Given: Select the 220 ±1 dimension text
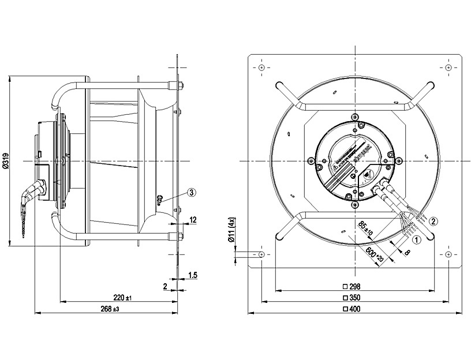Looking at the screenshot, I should point(122,297).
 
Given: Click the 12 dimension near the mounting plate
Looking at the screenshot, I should point(193,220).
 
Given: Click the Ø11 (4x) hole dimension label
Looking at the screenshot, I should point(232,231).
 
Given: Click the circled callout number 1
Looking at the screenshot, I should point(415,236).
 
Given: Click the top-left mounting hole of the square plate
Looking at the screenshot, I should point(262,68).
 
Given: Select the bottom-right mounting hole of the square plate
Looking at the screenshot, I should point(448,254).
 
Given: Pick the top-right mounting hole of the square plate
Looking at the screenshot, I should point(448,68).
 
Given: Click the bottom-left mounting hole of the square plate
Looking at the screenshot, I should point(262,254).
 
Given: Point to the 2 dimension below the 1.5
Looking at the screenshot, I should point(165,286).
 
